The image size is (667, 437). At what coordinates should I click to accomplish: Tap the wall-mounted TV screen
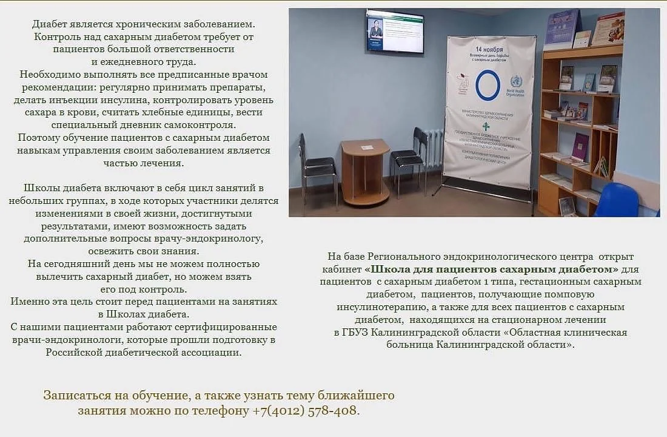pyautogui.click(x=395, y=32)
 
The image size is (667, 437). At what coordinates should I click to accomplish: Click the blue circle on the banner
pyautogui.click(x=488, y=85)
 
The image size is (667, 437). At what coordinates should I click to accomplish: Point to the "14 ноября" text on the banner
pyautogui.click(x=489, y=49)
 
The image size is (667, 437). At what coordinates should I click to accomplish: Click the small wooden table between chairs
pyautogui.click(x=365, y=172)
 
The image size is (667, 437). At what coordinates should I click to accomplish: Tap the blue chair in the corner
pyautogui.click(x=618, y=200)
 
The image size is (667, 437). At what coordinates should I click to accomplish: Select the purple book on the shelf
pyautogui.click(x=580, y=146)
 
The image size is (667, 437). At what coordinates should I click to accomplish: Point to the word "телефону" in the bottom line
pyautogui.click(x=223, y=410)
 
